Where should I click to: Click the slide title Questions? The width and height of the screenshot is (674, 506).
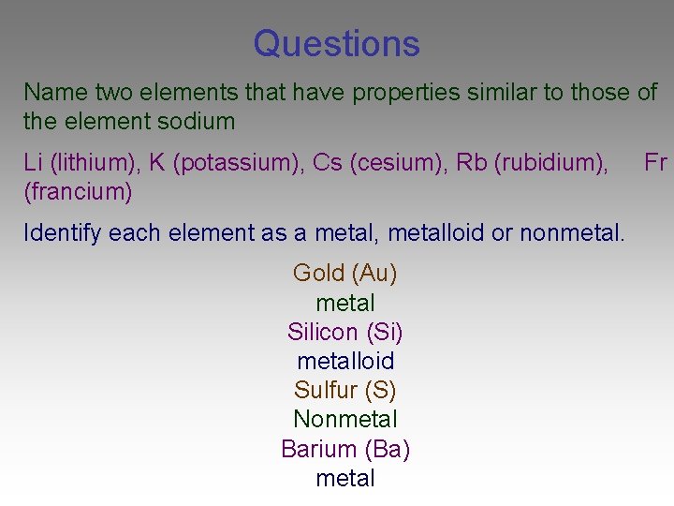[336, 44]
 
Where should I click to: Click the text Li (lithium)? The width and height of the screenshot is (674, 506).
[77, 163]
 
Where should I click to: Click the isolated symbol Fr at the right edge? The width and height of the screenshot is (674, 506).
[655, 163]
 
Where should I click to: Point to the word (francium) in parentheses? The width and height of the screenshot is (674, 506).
[78, 192]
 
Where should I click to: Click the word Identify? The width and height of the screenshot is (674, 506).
[62, 232]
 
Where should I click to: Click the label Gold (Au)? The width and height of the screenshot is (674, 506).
[345, 274]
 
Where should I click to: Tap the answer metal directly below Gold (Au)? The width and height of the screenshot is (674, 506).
[345, 303]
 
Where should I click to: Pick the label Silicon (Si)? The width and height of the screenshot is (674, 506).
[345, 332]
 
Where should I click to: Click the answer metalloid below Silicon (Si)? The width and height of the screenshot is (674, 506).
[345, 361]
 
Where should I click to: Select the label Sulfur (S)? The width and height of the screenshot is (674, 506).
[345, 390]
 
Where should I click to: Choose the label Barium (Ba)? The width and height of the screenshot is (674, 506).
[345, 449]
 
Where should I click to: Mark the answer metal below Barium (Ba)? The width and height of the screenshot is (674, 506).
[345, 478]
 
